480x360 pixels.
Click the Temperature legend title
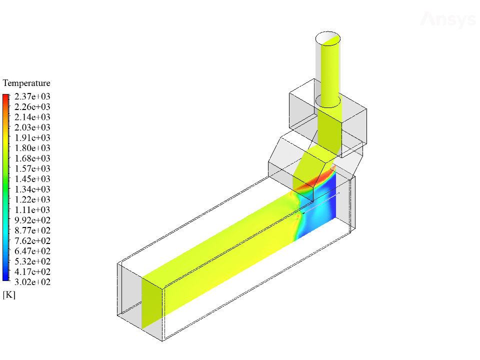click(x=26, y=83)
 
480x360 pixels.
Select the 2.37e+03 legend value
click(x=32, y=96)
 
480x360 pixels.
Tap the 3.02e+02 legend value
click(x=32, y=282)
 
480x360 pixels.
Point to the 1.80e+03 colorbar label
click(x=32, y=148)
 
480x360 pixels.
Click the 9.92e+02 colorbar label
click(x=32, y=220)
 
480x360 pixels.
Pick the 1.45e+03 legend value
click(x=32, y=179)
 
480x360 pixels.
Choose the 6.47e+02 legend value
click(x=32, y=251)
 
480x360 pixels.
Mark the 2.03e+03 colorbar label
click(x=32, y=127)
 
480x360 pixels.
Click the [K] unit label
click(x=9, y=295)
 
